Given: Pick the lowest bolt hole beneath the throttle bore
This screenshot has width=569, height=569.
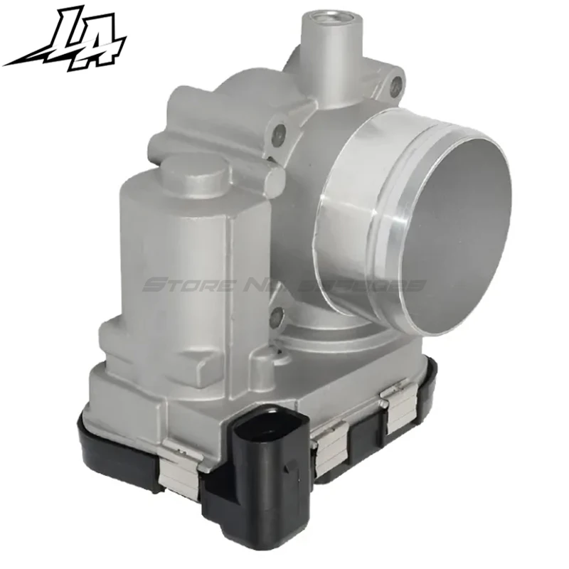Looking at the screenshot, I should pos(278,312).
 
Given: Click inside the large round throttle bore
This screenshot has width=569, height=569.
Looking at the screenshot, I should pos(455,235).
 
